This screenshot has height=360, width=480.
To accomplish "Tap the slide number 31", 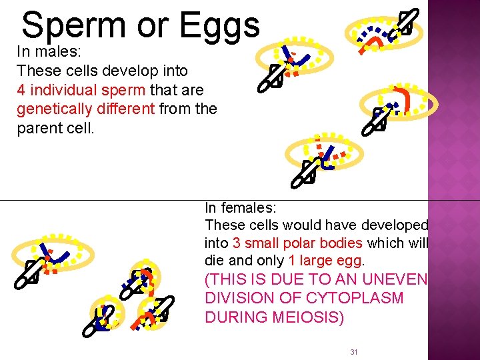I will (354, 351).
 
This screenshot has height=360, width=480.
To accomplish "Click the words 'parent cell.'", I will (56, 128).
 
